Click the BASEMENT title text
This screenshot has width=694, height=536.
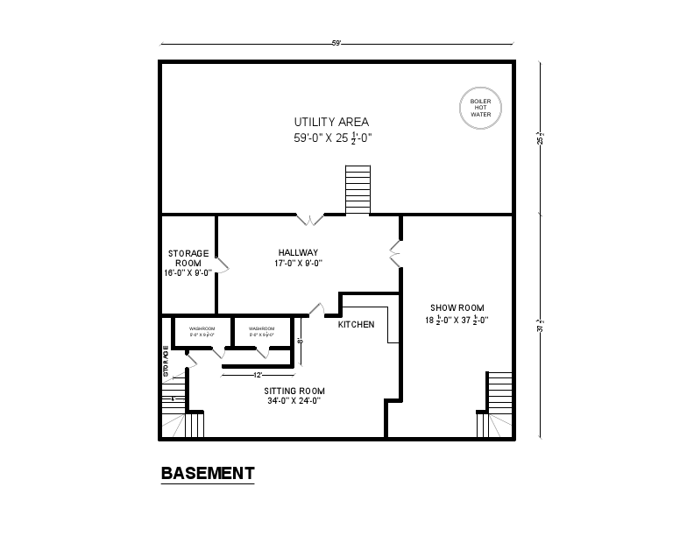(208, 474)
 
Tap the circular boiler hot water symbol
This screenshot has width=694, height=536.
(480, 108)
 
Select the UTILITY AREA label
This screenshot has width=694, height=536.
(331, 122)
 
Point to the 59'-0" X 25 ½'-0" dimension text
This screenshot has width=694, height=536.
(333, 138)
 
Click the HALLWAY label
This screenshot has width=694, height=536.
(298, 252)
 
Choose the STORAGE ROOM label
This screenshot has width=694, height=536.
(188, 257)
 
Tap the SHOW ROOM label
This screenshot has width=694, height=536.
(457, 307)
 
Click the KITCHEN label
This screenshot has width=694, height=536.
(356, 324)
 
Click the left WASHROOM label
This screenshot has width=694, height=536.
(202, 329)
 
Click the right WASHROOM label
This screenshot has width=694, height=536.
(261, 329)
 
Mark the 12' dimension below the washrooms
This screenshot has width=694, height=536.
(258, 374)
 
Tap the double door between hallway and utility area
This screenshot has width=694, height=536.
(310, 217)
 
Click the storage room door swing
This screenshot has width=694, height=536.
(223, 264)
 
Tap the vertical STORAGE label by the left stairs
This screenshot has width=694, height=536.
(166, 363)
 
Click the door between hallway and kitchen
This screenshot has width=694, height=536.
(317, 309)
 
